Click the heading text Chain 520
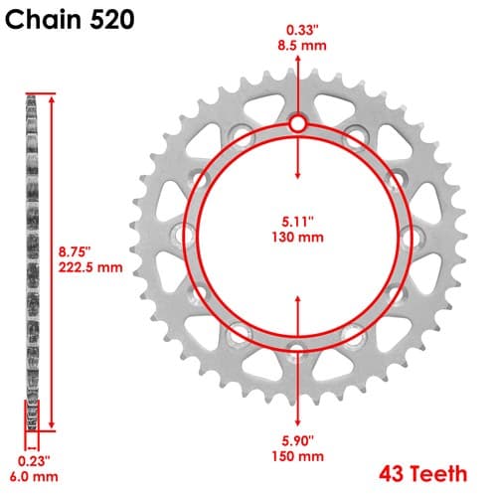(70, 19)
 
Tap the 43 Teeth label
(423, 474)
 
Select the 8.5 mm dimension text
(302, 46)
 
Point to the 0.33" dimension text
(302, 30)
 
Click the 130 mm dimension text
(297, 238)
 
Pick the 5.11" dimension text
(298, 222)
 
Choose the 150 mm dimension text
(297, 456)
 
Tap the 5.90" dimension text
(297, 441)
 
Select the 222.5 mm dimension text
(90, 267)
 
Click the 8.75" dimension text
(75, 251)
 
